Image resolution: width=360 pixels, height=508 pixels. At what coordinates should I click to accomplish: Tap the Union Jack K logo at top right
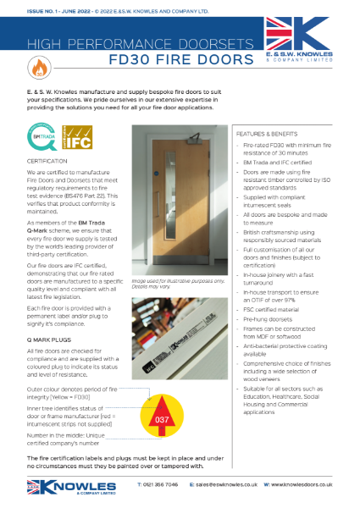[306, 38]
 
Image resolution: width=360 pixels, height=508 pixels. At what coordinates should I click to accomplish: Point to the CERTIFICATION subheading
[46, 160]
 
